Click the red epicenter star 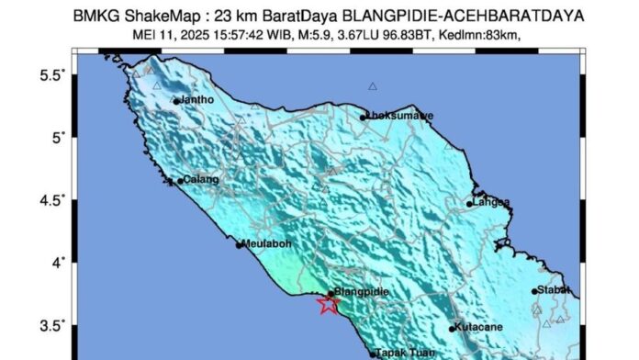click(x=328, y=305)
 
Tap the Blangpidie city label click(x=361, y=292)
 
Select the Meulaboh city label click(x=268, y=244)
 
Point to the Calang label click(x=199, y=180)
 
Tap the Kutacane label click(x=478, y=328)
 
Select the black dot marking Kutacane click(x=452, y=329)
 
